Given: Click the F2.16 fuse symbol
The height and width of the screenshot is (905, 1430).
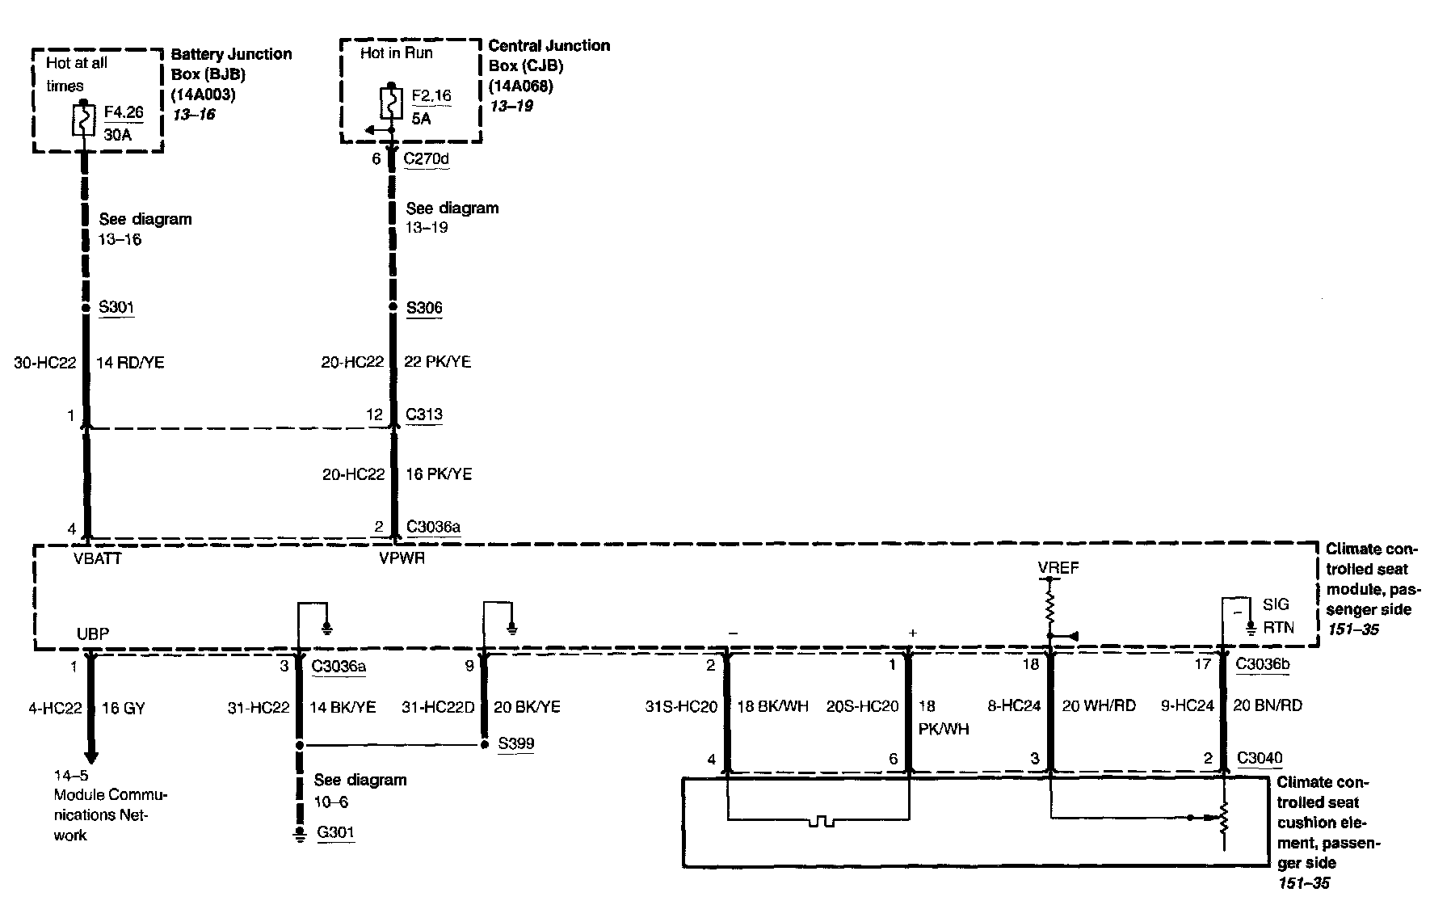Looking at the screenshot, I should click(x=391, y=103).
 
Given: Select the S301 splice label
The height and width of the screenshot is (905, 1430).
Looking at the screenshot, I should click(x=116, y=307).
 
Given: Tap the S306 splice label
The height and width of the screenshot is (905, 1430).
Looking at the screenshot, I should click(x=424, y=308).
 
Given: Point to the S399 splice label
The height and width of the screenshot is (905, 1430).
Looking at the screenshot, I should click(x=515, y=743).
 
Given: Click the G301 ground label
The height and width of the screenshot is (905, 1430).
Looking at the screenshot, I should click(x=335, y=832).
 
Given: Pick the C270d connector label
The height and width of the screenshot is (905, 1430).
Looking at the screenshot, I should click(x=426, y=158).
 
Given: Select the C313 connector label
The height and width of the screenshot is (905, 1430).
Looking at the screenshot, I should click(x=424, y=415).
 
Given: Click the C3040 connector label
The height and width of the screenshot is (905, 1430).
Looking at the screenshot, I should click(x=1260, y=758).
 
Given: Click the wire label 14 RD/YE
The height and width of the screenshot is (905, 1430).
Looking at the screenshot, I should click(x=130, y=363).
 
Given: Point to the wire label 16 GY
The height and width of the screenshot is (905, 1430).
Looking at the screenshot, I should click(x=124, y=709).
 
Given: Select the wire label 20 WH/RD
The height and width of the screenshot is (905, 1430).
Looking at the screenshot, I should click(x=1099, y=706).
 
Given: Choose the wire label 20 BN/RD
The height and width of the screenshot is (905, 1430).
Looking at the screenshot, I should click(x=1267, y=706).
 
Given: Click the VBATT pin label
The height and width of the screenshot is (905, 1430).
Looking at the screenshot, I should click(x=96, y=558).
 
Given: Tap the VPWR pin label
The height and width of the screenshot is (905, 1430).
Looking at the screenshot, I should click(x=402, y=558).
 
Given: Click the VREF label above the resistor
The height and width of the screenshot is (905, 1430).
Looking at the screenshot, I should click(x=1058, y=568).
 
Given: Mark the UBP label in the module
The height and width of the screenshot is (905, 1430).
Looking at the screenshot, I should click(x=93, y=633).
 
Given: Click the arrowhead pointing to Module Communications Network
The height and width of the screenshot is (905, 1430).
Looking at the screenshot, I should click(x=90, y=756).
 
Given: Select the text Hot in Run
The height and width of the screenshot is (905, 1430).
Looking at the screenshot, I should click(x=397, y=53).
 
